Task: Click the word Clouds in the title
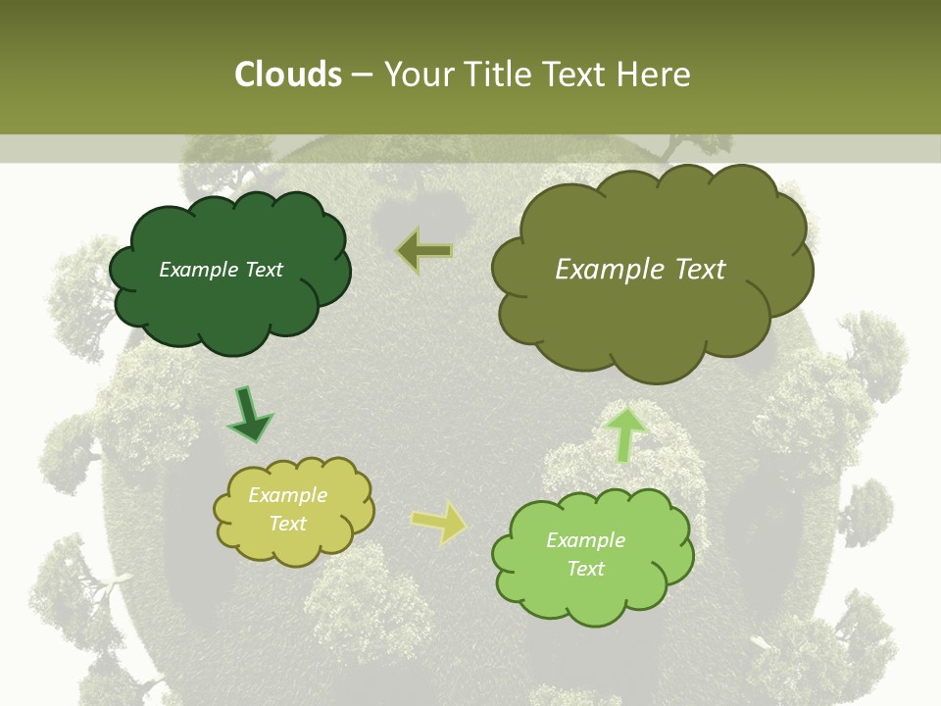pos(288,75)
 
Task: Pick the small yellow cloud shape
pos(294,544)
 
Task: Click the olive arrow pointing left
pos(424,251)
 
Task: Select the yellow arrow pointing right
pos(439,523)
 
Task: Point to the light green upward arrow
pos(625,434)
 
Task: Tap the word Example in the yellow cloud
pos(287,495)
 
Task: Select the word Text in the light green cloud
pos(586,569)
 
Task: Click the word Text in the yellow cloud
pos(288,524)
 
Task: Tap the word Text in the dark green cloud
pos(263,270)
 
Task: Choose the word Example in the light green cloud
pos(585,540)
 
